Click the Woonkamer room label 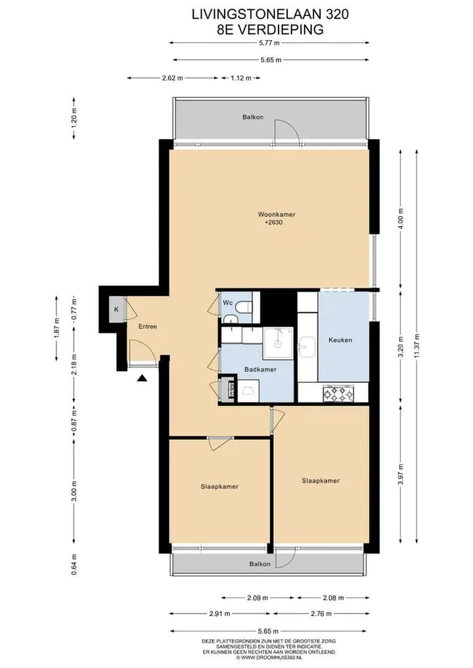pos(276,214)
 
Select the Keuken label pos(340,340)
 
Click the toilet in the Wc pos(244,307)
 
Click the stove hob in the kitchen pos(339,393)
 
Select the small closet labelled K pos(116,309)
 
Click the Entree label pos(147,326)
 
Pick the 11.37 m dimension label pos(416,344)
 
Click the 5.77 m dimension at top pos(269,43)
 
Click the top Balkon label pos(253,118)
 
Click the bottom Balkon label pos(259,564)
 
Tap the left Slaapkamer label pos(219,487)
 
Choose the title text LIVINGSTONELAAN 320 pos(270,12)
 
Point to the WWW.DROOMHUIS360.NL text pos(269,657)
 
